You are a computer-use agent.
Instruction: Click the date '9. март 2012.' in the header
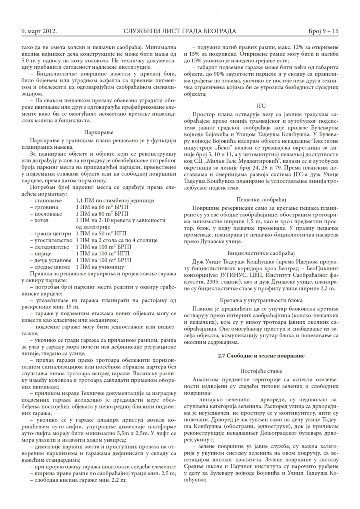click(39, 31)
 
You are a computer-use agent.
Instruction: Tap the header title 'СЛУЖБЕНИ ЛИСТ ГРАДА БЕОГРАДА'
click(180, 31)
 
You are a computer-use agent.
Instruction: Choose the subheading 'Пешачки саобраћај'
click(261, 199)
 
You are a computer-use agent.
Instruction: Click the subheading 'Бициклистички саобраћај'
click(261, 253)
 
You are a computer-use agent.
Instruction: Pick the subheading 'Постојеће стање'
click(261, 371)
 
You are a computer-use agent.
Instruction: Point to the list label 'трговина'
click(46, 207)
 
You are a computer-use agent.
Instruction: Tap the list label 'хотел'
click(42, 220)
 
